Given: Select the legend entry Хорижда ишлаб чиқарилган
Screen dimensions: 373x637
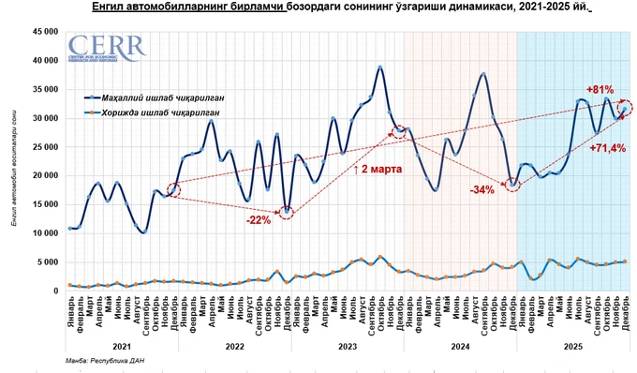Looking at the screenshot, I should pos(165,112).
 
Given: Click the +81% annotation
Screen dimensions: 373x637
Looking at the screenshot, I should pos(600,90).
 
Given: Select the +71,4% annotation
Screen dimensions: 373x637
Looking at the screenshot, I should pos(607,148).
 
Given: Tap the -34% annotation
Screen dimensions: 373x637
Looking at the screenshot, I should pos(482,190).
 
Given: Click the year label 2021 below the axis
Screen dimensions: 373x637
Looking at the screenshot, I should pos(119,346).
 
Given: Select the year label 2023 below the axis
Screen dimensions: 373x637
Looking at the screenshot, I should pos(346,346).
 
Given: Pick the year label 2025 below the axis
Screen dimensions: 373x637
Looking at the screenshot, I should pos(571,346).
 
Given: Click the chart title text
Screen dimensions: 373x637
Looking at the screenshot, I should pos(318,7).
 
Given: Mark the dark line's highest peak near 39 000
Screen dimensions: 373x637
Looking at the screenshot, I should pos(380,67).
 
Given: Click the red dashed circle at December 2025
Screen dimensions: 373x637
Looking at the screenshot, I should pos(625,108).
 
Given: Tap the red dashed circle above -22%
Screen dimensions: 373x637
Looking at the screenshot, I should pos(287,212).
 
